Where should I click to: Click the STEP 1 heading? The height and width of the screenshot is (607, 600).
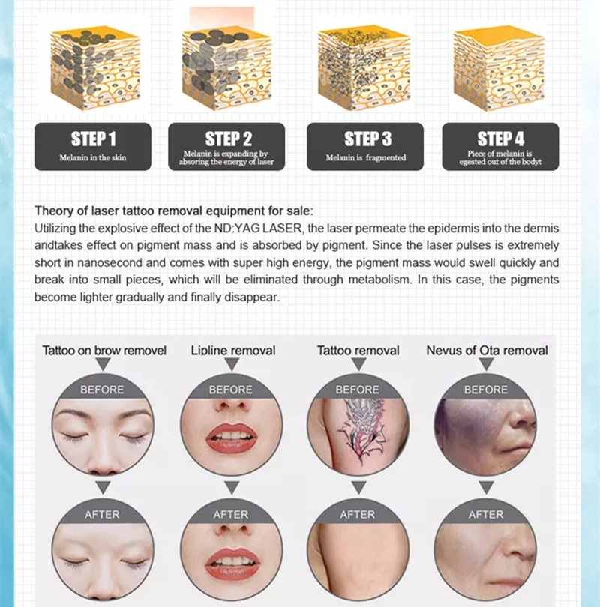[93, 139]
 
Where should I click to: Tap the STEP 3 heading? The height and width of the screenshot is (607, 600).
[367, 139]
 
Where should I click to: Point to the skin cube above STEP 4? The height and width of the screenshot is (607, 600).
[499, 68]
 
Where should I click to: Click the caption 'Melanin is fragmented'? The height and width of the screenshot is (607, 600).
[366, 157]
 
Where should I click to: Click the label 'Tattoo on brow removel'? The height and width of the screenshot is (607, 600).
[104, 351]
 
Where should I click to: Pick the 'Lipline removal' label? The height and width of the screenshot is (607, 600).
[233, 351]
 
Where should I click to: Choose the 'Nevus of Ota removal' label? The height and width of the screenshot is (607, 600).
[487, 351]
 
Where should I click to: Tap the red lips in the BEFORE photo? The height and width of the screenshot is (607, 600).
[232, 438]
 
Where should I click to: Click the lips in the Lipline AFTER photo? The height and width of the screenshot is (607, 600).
[232, 564]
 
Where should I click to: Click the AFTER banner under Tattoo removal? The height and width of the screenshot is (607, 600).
[358, 515]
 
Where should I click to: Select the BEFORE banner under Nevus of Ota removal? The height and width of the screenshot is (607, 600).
[486, 390]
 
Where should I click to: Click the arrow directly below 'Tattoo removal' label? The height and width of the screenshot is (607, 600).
[358, 363]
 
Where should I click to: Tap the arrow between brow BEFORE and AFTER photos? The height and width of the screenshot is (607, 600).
[103, 487]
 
